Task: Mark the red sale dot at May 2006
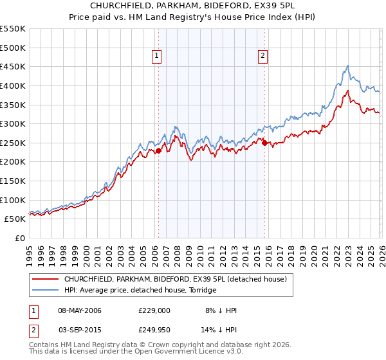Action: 158,151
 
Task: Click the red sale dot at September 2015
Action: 264,143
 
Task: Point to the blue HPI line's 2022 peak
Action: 347,66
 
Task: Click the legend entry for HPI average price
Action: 140,291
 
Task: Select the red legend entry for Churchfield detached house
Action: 178,279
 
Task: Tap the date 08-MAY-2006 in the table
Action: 80,310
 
